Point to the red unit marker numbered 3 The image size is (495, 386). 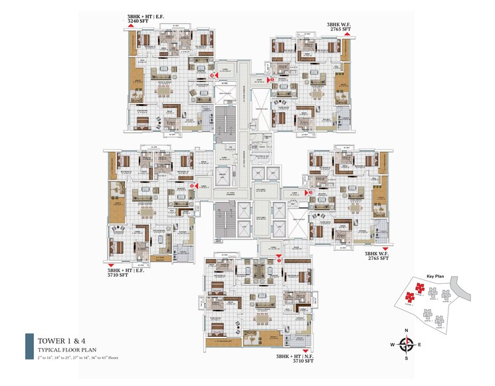(308, 192)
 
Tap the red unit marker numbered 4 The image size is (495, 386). (270, 79)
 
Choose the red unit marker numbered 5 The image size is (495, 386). (212, 76)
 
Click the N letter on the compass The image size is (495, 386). (408, 330)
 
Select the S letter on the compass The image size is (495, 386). (408, 359)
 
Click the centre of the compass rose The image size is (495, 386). (408, 345)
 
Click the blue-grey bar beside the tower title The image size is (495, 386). (29, 346)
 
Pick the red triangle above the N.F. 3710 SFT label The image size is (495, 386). (304, 350)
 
